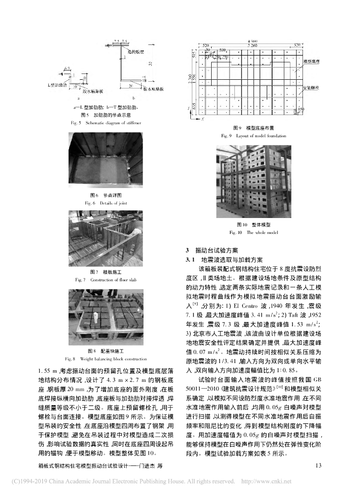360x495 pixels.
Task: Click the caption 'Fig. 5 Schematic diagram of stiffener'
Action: tap(105, 123)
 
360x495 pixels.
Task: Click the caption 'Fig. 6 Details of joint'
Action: tap(105, 203)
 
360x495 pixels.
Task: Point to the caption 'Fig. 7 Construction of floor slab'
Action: tap(105, 280)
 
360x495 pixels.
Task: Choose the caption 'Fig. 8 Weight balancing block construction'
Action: tap(105, 359)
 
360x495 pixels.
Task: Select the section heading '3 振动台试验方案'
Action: tap(212, 251)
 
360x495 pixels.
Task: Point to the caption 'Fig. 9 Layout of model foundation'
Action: tap(254, 136)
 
